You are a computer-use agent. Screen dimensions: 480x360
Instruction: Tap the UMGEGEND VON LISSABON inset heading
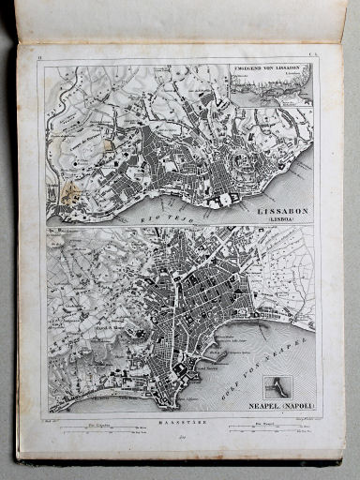[x=273, y=67]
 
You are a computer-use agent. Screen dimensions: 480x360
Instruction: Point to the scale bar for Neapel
[x=271, y=430]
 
